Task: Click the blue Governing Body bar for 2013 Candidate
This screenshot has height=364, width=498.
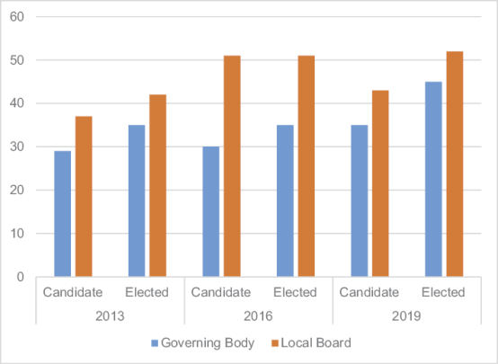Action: pos(62,214)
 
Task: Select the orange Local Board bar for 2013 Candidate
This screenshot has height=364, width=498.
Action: pos(84,197)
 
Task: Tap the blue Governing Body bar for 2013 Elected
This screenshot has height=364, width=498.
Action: pos(137,201)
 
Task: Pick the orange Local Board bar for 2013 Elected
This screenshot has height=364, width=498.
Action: pos(157,186)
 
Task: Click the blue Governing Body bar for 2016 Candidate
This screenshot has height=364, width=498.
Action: pos(211,212)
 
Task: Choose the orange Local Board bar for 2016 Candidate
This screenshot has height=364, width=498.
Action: pos(232,166)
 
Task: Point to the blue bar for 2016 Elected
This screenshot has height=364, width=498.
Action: pos(285,201)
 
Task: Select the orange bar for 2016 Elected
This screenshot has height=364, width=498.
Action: pos(307,166)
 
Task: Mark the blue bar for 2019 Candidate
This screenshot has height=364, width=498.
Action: pos(360,201)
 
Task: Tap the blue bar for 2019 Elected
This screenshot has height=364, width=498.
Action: pos(434,180)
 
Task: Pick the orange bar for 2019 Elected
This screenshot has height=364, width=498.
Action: pos(455,164)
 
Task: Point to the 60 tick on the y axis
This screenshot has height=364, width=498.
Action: pos(17,17)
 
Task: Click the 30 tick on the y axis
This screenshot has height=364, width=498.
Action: pos(17,147)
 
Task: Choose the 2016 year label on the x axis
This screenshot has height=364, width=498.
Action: pos(258,316)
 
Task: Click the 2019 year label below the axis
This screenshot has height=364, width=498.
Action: pos(407,316)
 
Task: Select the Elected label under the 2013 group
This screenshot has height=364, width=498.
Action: pos(147,293)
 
